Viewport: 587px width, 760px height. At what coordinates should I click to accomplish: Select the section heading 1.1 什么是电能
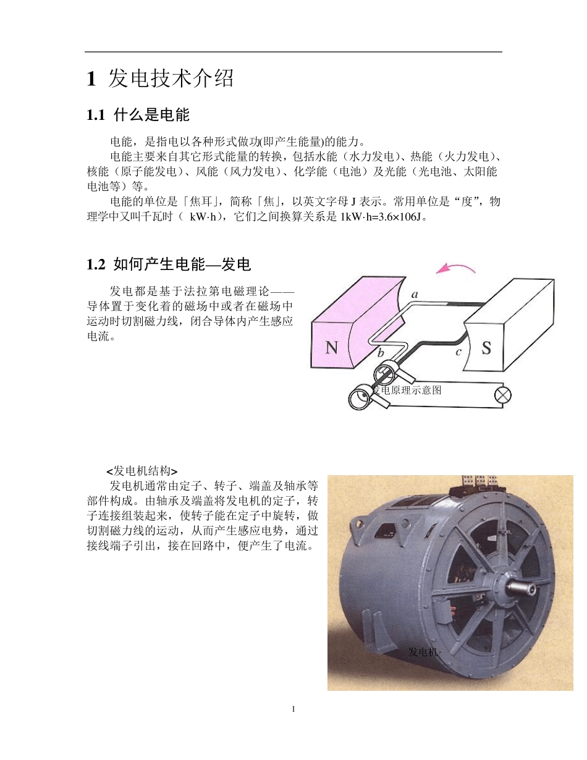point(138,115)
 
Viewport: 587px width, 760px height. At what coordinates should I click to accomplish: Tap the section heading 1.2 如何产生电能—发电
point(169,264)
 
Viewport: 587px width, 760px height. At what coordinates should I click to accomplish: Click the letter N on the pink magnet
point(332,348)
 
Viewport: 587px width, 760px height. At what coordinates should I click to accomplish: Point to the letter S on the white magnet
point(486,348)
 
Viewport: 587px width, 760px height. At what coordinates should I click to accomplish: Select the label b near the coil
point(381,353)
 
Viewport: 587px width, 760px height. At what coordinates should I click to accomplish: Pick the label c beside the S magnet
point(458,352)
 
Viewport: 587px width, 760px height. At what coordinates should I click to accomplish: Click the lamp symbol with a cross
point(504,395)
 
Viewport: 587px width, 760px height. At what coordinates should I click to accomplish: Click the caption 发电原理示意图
point(408,390)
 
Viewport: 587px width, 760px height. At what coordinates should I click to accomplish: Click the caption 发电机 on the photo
point(423,652)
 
